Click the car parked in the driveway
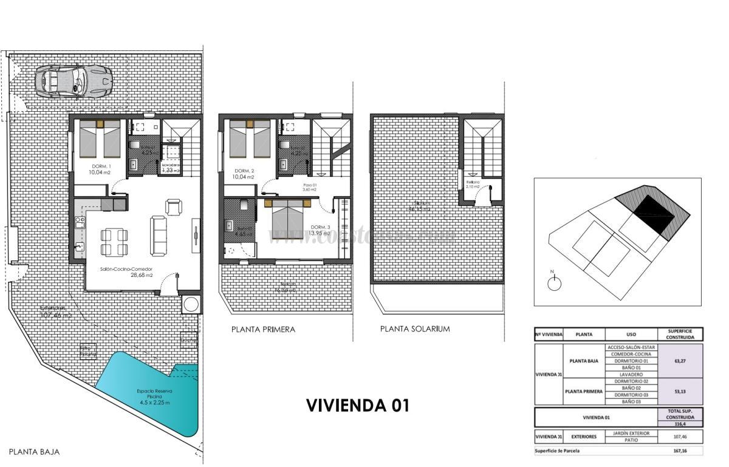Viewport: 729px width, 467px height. click(74, 81)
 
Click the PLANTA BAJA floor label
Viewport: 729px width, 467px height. click(35, 452)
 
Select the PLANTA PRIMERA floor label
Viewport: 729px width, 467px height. click(263, 329)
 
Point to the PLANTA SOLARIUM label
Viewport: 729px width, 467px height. click(415, 329)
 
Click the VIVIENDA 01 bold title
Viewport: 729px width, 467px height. click(357, 405)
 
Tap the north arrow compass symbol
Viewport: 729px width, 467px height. click(553, 282)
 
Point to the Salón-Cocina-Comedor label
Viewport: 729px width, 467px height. click(126, 268)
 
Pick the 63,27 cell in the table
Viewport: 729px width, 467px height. click(680, 361)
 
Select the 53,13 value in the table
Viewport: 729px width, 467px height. click(680, 391)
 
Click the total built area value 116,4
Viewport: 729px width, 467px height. click(680, 424)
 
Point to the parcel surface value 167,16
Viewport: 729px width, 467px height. click(680, 451)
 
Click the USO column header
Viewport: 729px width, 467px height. click(632, 334)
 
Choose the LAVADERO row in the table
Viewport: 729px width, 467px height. click(631, 374)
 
